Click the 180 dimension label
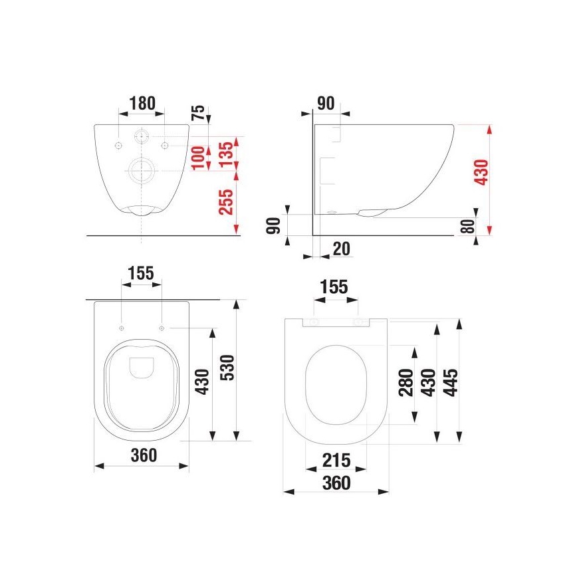[x=142, y=103]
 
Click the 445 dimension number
[x=449, y=383]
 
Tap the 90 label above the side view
[x=325, y=103]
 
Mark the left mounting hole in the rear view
[x=118, y=144]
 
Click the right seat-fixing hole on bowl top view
[x=162, y=328]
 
